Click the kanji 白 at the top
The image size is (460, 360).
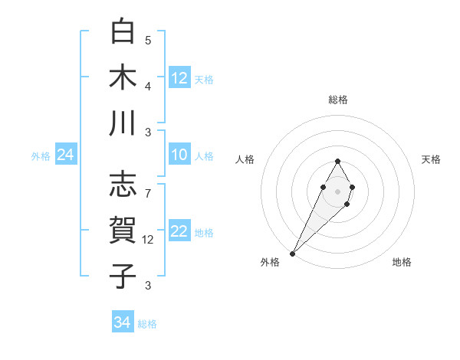pyautogui.click(x=123, y=31)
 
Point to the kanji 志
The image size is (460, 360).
pyautogui.click(x=123, y=185)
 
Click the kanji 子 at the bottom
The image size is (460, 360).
pyautogui.click(x=123, y=276)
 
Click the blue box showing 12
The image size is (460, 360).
pyautogui.click(x=179, y=77)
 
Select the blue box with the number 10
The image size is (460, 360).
pyautogui.click(x=179, y=155)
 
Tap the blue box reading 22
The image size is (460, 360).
pyautogui.click(x=179, y=232)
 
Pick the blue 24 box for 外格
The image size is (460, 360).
pyautogui.click(x=66, y=155)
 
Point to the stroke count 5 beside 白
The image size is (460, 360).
pyautogui.click(x=148, y=41)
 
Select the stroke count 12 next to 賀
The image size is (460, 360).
pyautogui.click(x=148, y=240)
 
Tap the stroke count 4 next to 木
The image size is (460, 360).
pyautogui.click(x=148, y=87)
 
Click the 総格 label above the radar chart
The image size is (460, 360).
pyautogui.click(x=338, y=100)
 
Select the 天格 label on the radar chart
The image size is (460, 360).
pyautogui.click(x=432, y=159)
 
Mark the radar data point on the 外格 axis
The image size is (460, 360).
pyautogui.click(x=292, y=254)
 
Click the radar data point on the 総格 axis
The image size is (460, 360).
pyautogui.click(x=338, y=161)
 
